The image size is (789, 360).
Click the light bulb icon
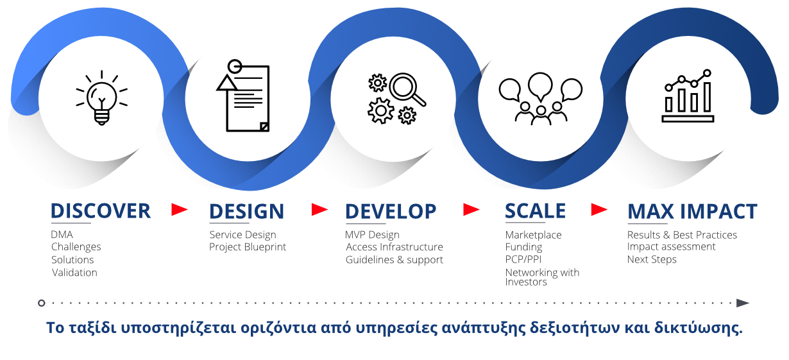[x=101, y=98]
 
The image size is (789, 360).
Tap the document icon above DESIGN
[x=244, y=96]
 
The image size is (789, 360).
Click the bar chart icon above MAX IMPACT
[x=688, y=97]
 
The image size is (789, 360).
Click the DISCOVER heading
[x=101, y=211]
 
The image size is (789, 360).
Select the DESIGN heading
[x=247, y=211]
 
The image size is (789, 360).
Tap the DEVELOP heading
[x=391, y=211]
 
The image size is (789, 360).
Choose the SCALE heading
[x=536, y=211]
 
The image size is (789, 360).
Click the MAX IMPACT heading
[x=692, y=211]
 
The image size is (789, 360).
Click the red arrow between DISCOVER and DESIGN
[x=180, y=209]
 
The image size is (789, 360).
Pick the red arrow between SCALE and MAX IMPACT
[x=599, y=209]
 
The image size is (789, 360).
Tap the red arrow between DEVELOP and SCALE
[x=472, y=209]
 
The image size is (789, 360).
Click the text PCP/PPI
[x=523, y=260]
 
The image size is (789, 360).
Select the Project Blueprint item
[x=248, y=247]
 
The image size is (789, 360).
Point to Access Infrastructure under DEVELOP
[x=394, y=247]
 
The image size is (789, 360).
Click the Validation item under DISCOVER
[x=74, y=273]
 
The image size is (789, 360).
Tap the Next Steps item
[x=652, y=260]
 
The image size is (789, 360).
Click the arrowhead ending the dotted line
[x=743, y=303]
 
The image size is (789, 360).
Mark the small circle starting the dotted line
[x=42, y=303]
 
